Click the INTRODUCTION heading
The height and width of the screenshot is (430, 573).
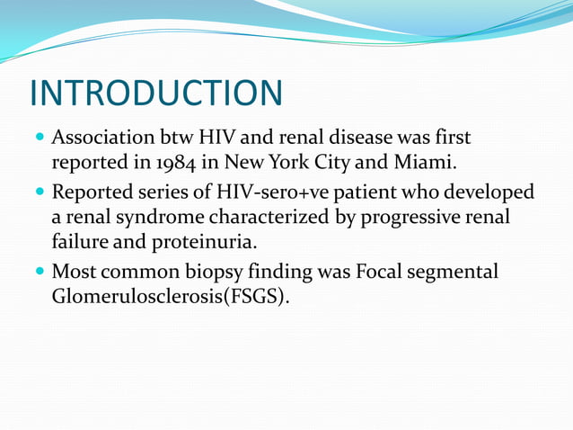click(156, 94)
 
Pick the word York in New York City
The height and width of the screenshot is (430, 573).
click(309, 165)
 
